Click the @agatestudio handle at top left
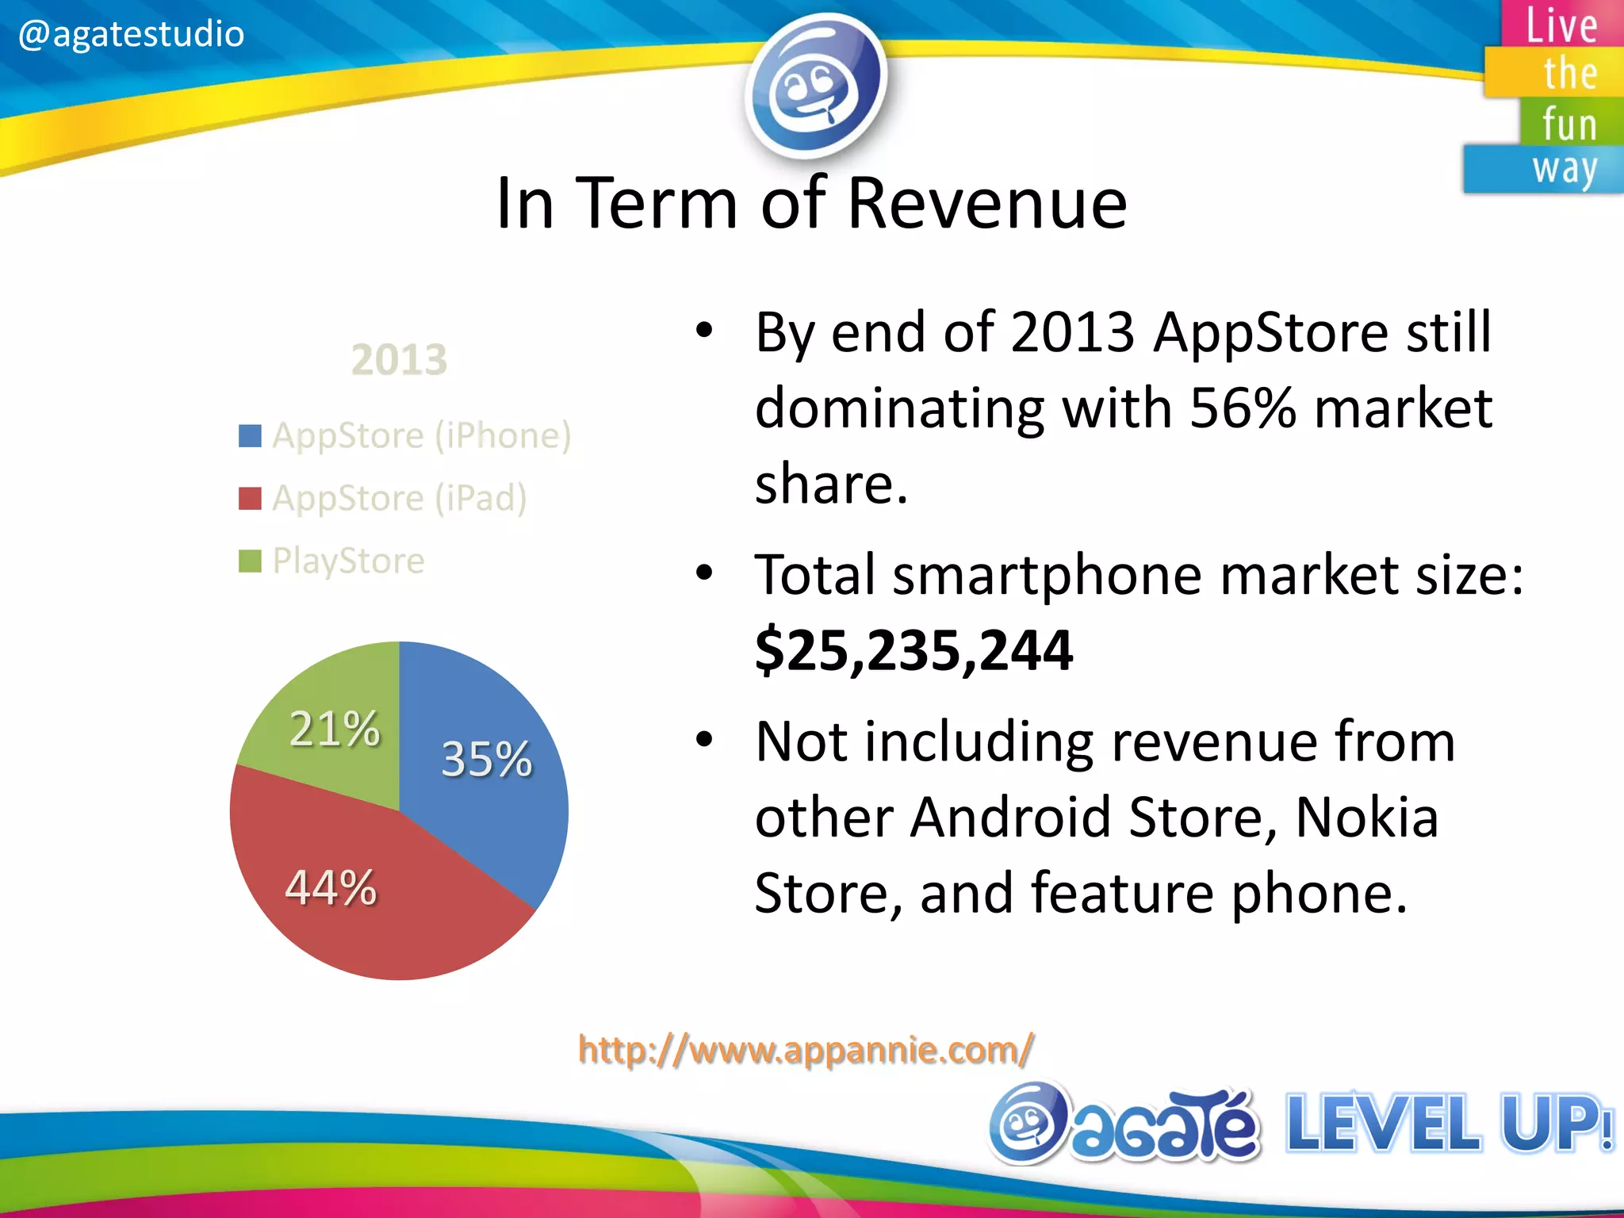point(131,35)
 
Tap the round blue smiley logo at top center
point(815,82)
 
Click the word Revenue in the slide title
point(986,205)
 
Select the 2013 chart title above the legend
point(399,360)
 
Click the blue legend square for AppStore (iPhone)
point(250,436)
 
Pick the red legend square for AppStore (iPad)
point(250,499)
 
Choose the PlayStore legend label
point(348,561)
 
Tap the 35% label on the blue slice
point(486,759)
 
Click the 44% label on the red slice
point(331,887)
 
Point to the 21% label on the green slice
point(335,728)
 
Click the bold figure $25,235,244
point(913,650)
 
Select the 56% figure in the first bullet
point(1242,409)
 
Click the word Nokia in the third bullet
point(1366,818)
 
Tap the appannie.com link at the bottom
point(806,1050)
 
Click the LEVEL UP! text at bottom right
point(1448,1123)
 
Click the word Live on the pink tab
point(1561,25)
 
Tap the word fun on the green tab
point(1568,124)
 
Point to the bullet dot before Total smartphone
point(704,573)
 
